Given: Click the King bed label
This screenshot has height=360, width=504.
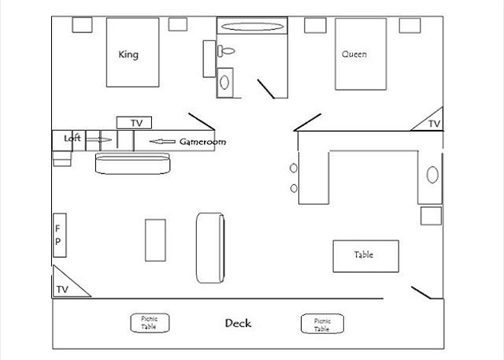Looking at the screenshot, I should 128,54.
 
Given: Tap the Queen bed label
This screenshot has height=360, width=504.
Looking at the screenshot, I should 354,54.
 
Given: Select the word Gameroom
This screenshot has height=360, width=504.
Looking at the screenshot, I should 203,142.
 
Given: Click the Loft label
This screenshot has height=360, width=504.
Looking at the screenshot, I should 72,139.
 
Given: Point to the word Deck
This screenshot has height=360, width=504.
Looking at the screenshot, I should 238,323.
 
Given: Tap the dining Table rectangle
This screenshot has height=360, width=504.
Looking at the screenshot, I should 365,254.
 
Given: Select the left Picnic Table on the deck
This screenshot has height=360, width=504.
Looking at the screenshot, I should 150,323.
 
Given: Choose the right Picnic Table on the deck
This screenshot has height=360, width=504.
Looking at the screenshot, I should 321,324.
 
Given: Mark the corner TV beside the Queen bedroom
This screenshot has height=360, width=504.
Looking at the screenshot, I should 432,122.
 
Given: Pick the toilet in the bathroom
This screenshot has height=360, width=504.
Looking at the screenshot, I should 227,51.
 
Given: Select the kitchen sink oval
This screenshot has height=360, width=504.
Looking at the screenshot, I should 432,174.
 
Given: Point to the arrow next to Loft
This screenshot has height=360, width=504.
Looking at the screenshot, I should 100,139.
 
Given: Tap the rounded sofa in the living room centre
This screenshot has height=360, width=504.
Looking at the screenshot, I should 210,247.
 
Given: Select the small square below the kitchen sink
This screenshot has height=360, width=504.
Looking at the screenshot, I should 431,215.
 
